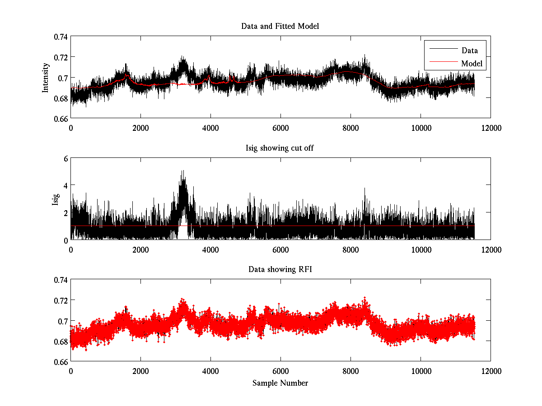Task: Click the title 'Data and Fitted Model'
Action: tap(280, 26)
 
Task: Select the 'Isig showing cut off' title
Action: tap(280, 148)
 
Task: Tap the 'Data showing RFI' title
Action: tap(280, 269)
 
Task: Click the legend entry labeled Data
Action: tap(469, 51)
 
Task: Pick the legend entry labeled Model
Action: tap(472, 64)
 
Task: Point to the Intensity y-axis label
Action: tap(45, 77)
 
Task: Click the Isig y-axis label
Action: tap(56, 199)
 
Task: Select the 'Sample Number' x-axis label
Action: tap(280, 383)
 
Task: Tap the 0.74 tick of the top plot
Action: tap(60, 37)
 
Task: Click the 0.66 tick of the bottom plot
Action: tap(60, 362)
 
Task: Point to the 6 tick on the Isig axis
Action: tap(65, 158)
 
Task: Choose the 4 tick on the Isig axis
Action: tap(65, 185)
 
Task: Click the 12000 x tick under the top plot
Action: tap(491, 128)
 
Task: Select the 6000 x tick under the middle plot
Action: tap(280, 249)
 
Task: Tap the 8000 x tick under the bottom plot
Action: tap(350, 371)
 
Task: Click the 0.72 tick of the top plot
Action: tap(60, 57)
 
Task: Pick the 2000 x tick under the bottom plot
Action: tap(140, 371)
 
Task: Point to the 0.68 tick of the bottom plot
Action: tap(60, 341)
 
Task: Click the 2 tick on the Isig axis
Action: tap(65, 212)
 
